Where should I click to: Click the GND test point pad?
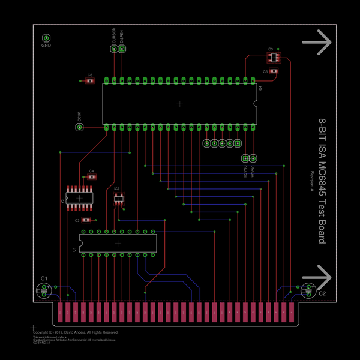[x=46, y=37]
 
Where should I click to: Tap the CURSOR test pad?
[x=113, y=49]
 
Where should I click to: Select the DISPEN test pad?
[x=122, y=49]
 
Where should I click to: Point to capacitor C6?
[x=90, y=80]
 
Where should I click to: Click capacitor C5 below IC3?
[x=274, y=71]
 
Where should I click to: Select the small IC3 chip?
[x=274, y=58]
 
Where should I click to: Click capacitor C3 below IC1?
[x=87, y=220]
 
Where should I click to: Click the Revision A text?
[x=313, y=182]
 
